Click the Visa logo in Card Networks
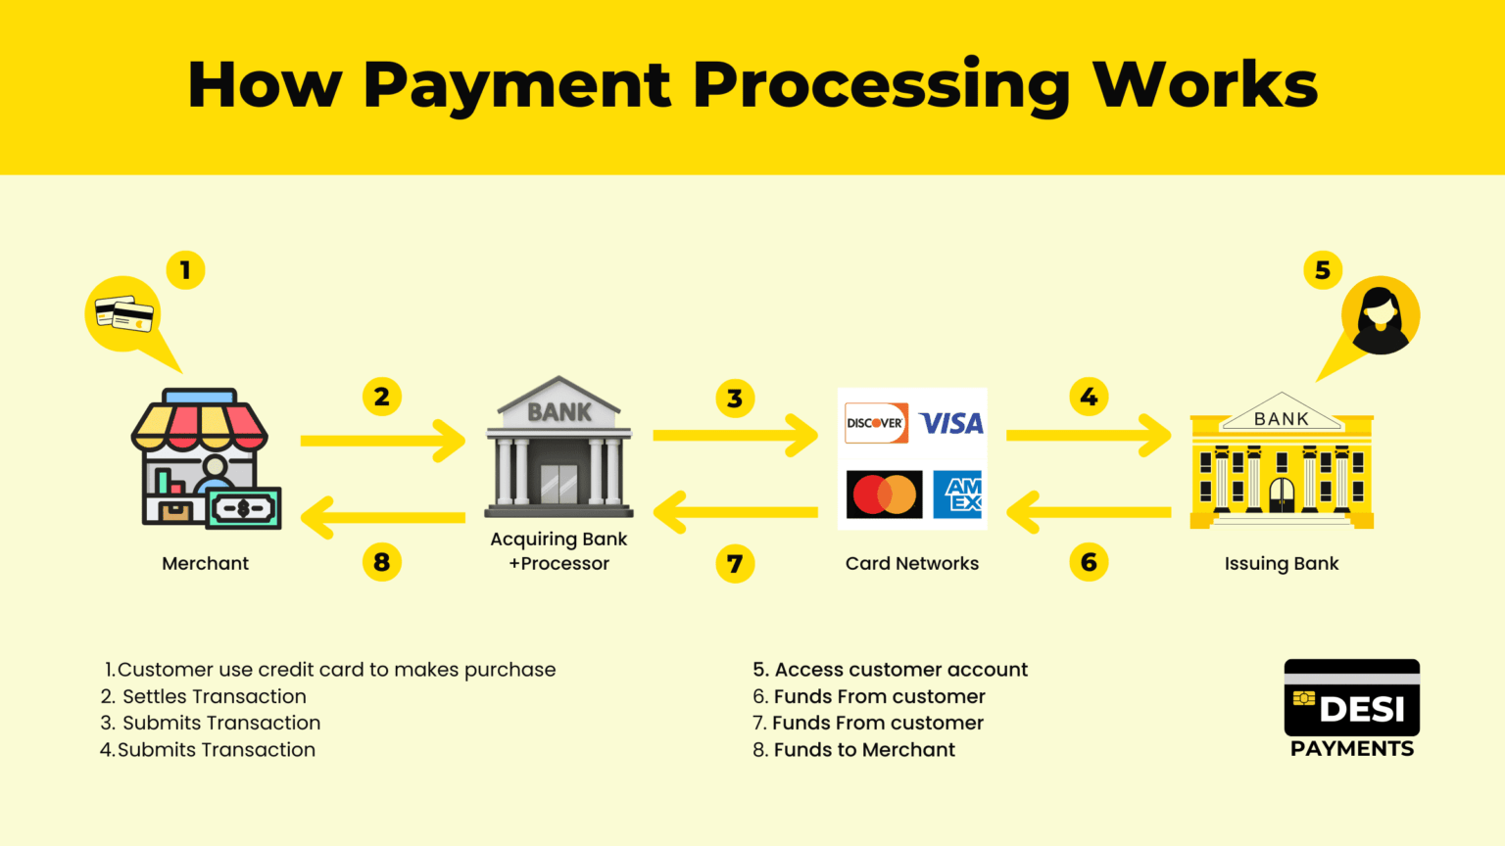[x=951, y=423]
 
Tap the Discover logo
[x=876, y=423]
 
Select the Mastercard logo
[x=884, y=494]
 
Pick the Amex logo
[x=957, y=494]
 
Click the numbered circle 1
[x=185, y=270]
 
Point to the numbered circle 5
[x=1322, y=270]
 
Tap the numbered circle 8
[x=381, y=562]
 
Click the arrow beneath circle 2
[x=382, y=441]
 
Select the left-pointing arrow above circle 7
[x=735, y=512]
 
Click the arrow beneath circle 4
[x=1088, y=436]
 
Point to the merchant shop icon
[x=206, y=458]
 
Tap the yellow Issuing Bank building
[x=1282, y=460]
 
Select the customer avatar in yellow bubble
[x=1380, y=315]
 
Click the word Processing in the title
[x=881, y=86]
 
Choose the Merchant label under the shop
[x=206, y=563]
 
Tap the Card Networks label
[x=912, y=563]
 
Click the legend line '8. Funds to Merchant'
[x=853, y=750]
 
